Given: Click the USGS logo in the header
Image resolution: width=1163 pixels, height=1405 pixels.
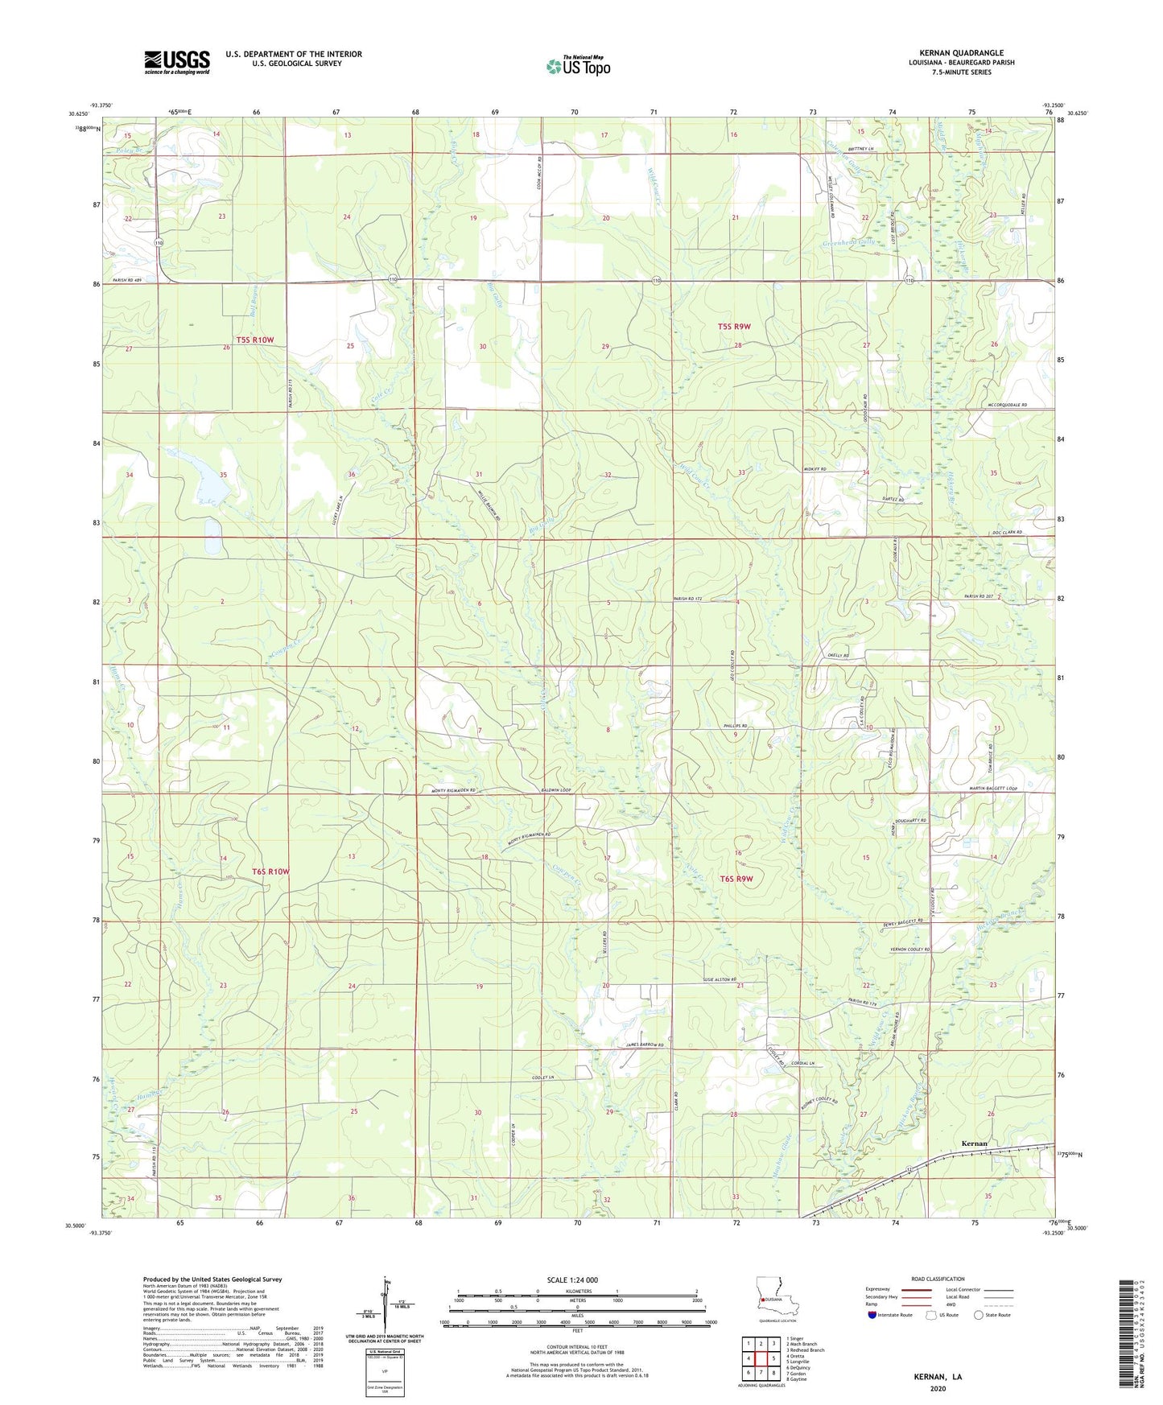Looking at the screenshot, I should [177, 62].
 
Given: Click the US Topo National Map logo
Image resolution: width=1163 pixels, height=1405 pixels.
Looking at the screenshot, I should [578, 66].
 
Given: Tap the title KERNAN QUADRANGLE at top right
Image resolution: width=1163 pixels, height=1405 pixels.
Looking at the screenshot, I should [961, 53].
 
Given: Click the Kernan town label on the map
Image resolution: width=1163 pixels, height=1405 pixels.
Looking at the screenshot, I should [974, 1143].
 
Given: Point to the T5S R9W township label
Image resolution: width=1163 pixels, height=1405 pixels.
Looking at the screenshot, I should [733, 327].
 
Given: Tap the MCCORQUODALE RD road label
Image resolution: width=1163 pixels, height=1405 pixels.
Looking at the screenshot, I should [1007, 405].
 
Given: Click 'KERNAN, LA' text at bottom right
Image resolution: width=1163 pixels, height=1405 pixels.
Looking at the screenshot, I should [937, 1377].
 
